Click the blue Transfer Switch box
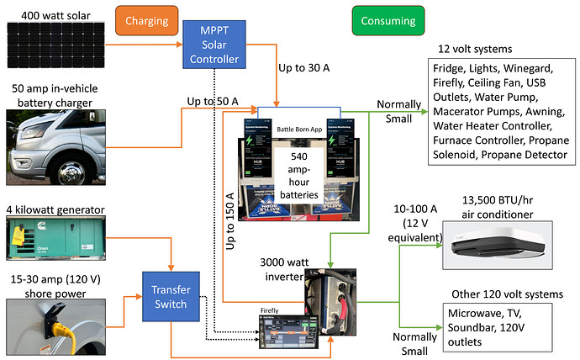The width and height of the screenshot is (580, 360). click(171, 291)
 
